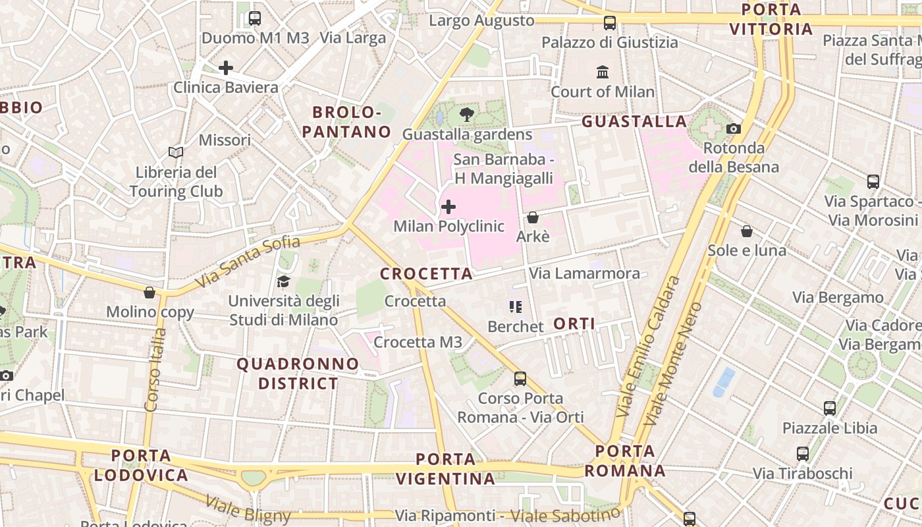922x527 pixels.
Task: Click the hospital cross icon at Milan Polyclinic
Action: pyautogui.click(x=448, y=208)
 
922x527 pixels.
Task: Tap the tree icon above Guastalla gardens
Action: pyautogui.click(x=467, y=115)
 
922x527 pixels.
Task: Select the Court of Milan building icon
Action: pyautogui.click(x=603, y=72)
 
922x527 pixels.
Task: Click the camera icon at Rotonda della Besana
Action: pyautogui.click(x=734, y=128)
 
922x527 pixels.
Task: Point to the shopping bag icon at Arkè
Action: pyautogui.click(x=533, y=217)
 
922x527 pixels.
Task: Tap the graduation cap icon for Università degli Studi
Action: pyautogui.click(x=283, y=282)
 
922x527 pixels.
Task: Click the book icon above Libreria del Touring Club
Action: pyautogui.click(x=175, y=153)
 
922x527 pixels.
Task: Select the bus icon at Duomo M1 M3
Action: pyautogui.click(x=255, y=18)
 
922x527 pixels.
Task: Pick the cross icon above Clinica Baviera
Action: pyautogui.click(x=226, y=68)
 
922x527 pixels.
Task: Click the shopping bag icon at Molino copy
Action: pyautogui.click(x=149, y=292)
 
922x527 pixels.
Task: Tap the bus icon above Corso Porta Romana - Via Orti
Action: pyautogui.click(x=520, y=379)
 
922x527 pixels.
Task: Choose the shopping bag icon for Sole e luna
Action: pyautogui.click(x=747, y=231)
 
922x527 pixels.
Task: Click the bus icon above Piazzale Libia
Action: pyautogui.click(x=830, y=408)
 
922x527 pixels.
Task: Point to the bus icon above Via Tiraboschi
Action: pyautogui.click(x=802, y=454)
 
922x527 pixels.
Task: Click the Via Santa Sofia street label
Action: pyautogui.click(x=248, y=262)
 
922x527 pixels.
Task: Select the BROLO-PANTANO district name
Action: pyautogui.click(x=347, y=122)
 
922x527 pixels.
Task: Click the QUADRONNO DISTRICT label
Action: pyautogui.click(x=298, y=374)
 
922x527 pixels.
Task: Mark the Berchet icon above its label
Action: pyautogui.click(x=515, y=307)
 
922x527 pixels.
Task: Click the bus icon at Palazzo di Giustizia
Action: pyautogui.click(x=610, y=23)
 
